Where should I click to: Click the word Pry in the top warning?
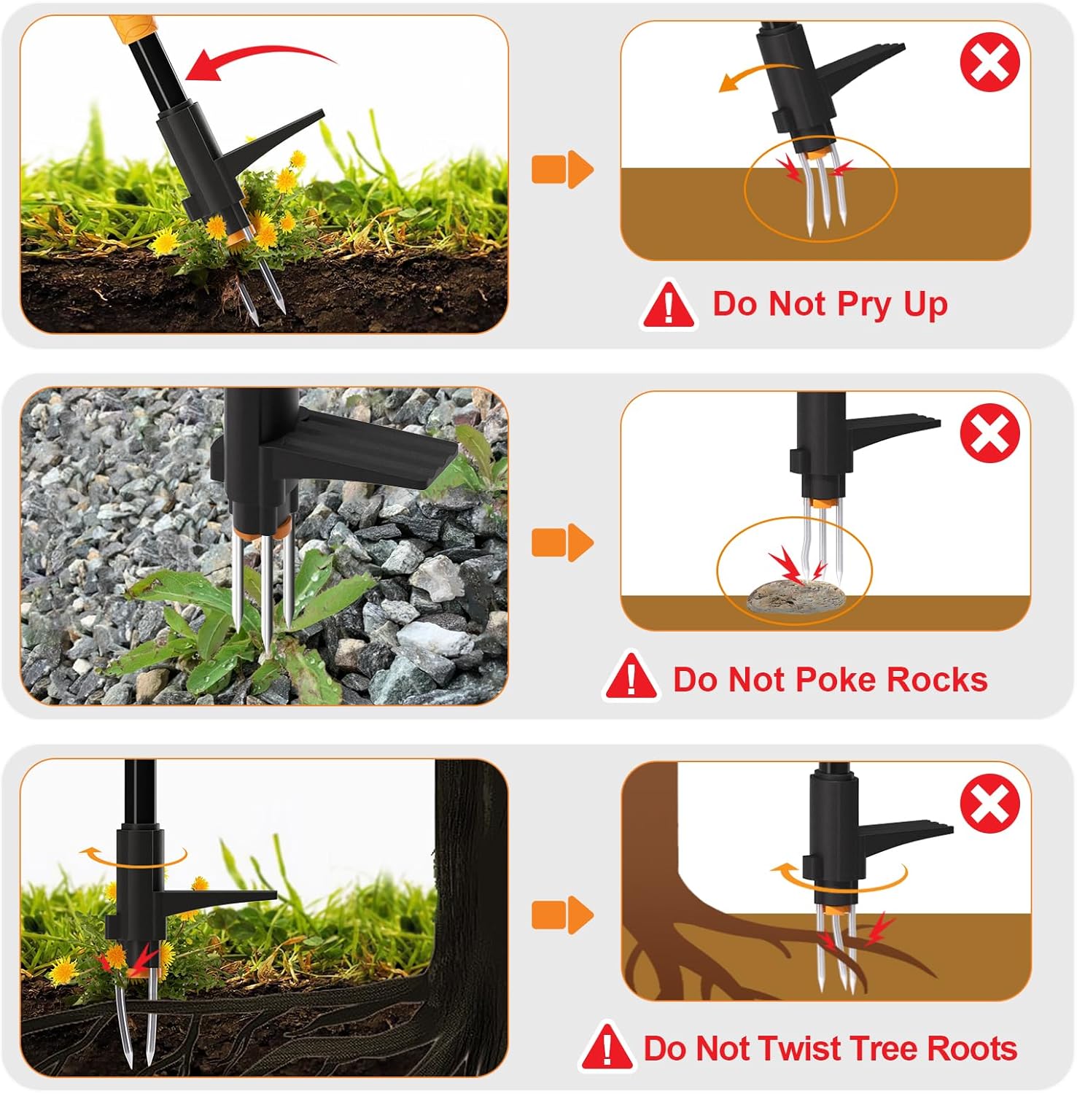coord(864,305)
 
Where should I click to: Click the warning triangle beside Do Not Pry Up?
coord(669,304)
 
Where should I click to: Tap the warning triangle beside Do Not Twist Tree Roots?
coord(607,1047)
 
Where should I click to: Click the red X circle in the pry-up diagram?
coord(989,63)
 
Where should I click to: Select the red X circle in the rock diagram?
coord(989,433)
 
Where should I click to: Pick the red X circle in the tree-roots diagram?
coord(989,805)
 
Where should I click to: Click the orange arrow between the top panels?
coord(563,170)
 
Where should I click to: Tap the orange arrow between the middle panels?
coord(563,543)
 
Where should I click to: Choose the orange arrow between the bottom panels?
coord(563,915)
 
